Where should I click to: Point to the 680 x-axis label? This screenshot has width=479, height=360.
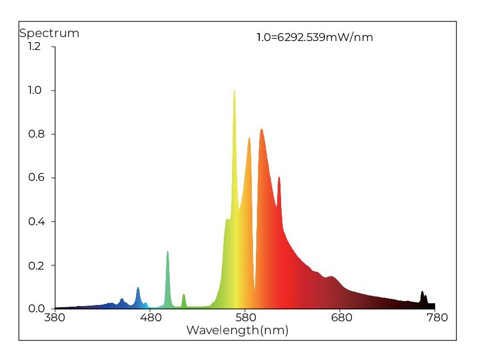342,317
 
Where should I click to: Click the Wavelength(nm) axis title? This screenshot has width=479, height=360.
237,330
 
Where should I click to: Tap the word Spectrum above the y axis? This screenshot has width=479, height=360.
49,33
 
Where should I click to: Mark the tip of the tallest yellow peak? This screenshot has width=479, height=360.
234,90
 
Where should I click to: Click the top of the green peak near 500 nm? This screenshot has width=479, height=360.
168,252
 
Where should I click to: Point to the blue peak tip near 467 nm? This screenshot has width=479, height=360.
138,288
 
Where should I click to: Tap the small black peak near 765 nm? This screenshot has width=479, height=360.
422,292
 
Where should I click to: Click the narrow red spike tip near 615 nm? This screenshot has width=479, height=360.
279,177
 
